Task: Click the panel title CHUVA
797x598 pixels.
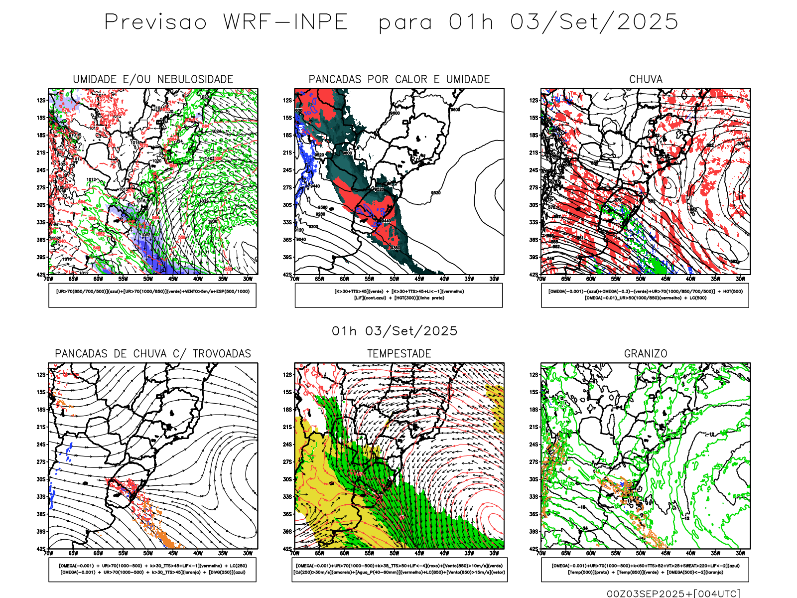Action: (646, 79)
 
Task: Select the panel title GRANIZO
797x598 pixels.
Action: (646, 353)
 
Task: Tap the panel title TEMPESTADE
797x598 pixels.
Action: (399, 353)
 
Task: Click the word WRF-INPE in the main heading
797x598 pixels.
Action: (285, 22)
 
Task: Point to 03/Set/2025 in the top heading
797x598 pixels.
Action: (594, 22)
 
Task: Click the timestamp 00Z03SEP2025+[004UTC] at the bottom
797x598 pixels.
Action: (673, 593)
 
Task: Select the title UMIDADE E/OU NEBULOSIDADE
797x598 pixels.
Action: (153, 79)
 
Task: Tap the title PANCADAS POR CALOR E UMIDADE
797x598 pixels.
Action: (399, 79)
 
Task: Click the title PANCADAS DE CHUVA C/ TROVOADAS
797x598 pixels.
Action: (153, 353)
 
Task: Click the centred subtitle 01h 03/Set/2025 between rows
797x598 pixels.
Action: (395, 331)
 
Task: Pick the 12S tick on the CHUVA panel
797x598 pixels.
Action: (534, 100)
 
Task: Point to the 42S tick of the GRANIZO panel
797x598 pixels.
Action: (534, 549)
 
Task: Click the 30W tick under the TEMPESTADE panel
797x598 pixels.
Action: (494, 553)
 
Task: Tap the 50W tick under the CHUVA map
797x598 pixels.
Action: (641, 279)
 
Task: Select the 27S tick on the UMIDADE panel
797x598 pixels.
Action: (41, 187)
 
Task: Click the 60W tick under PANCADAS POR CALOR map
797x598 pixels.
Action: (344, 279)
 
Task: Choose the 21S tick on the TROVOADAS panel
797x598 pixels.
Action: (41, 427)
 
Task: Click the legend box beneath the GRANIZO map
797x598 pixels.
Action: (645, 569)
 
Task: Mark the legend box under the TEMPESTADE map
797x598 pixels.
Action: (399, 569)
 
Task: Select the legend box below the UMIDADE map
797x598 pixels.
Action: (152, 295)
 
